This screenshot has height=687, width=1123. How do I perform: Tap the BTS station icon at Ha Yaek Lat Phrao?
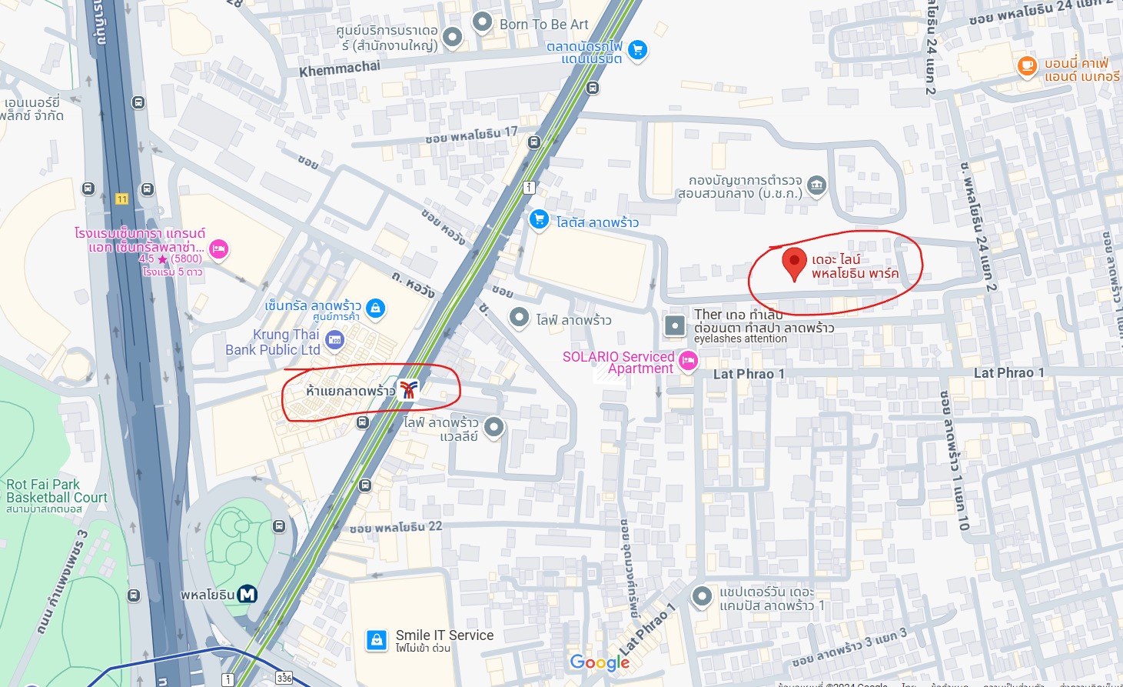[408, 390]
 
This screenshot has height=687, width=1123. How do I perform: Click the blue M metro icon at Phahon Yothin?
[247, 594]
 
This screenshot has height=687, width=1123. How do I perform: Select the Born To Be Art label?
[543, 25]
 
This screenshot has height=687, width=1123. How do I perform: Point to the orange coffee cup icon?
[1027, 66]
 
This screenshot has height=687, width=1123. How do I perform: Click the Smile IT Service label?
[444, 635]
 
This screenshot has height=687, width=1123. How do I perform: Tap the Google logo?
[600, 662]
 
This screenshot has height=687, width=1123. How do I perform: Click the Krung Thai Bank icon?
[334, 340]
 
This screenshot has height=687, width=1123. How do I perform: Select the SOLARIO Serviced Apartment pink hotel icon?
[688, 360]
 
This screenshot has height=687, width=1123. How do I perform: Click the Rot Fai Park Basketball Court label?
[56, 491]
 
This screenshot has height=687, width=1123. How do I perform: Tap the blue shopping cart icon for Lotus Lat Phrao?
[539, 219]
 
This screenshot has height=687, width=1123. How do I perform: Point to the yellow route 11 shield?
[121, 199]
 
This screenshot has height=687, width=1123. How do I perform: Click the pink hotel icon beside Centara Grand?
[219, 249]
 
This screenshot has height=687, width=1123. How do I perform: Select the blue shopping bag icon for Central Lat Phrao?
[375, 308]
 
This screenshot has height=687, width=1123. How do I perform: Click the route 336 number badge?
[284, 678]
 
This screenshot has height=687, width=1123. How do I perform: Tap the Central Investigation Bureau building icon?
[816, 185]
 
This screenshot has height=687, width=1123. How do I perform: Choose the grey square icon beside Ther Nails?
[674, 325]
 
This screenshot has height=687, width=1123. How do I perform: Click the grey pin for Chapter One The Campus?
[701, 596]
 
